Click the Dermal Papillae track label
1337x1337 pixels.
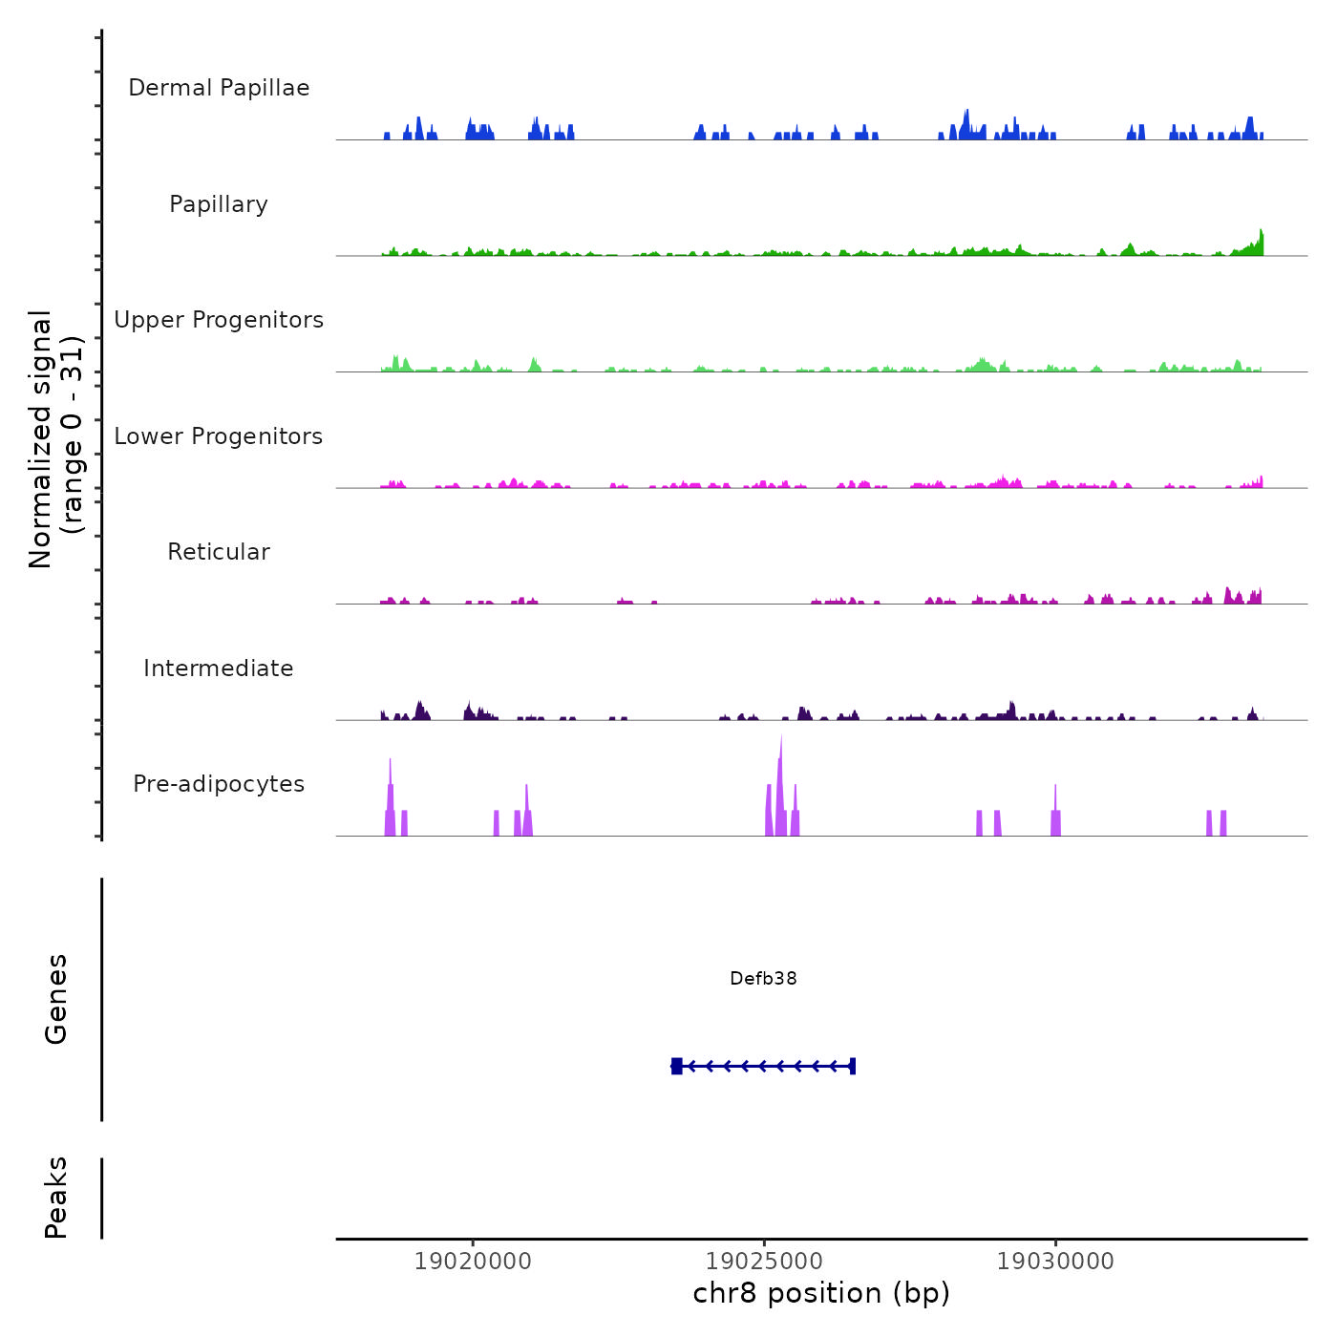[219, 88]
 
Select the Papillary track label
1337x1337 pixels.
[219, 204]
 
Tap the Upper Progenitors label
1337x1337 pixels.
[219, 320]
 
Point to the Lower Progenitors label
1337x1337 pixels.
[219, 436]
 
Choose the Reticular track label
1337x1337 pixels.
[219, 552]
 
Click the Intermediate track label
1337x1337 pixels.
[219, 668]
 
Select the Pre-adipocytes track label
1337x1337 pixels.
[219, 784]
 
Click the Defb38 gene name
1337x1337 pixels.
[763, 978]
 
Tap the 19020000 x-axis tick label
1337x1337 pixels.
[473, 1262]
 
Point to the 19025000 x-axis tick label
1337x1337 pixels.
[764, 1262]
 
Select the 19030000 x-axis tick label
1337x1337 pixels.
[1055, 1262]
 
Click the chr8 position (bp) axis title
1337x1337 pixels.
[821, 1293]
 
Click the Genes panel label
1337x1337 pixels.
[56, 999]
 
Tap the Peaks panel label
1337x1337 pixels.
[56, 1198]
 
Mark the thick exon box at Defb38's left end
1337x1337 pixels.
[677, 1066]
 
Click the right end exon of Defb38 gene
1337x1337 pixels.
[852, 1066]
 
